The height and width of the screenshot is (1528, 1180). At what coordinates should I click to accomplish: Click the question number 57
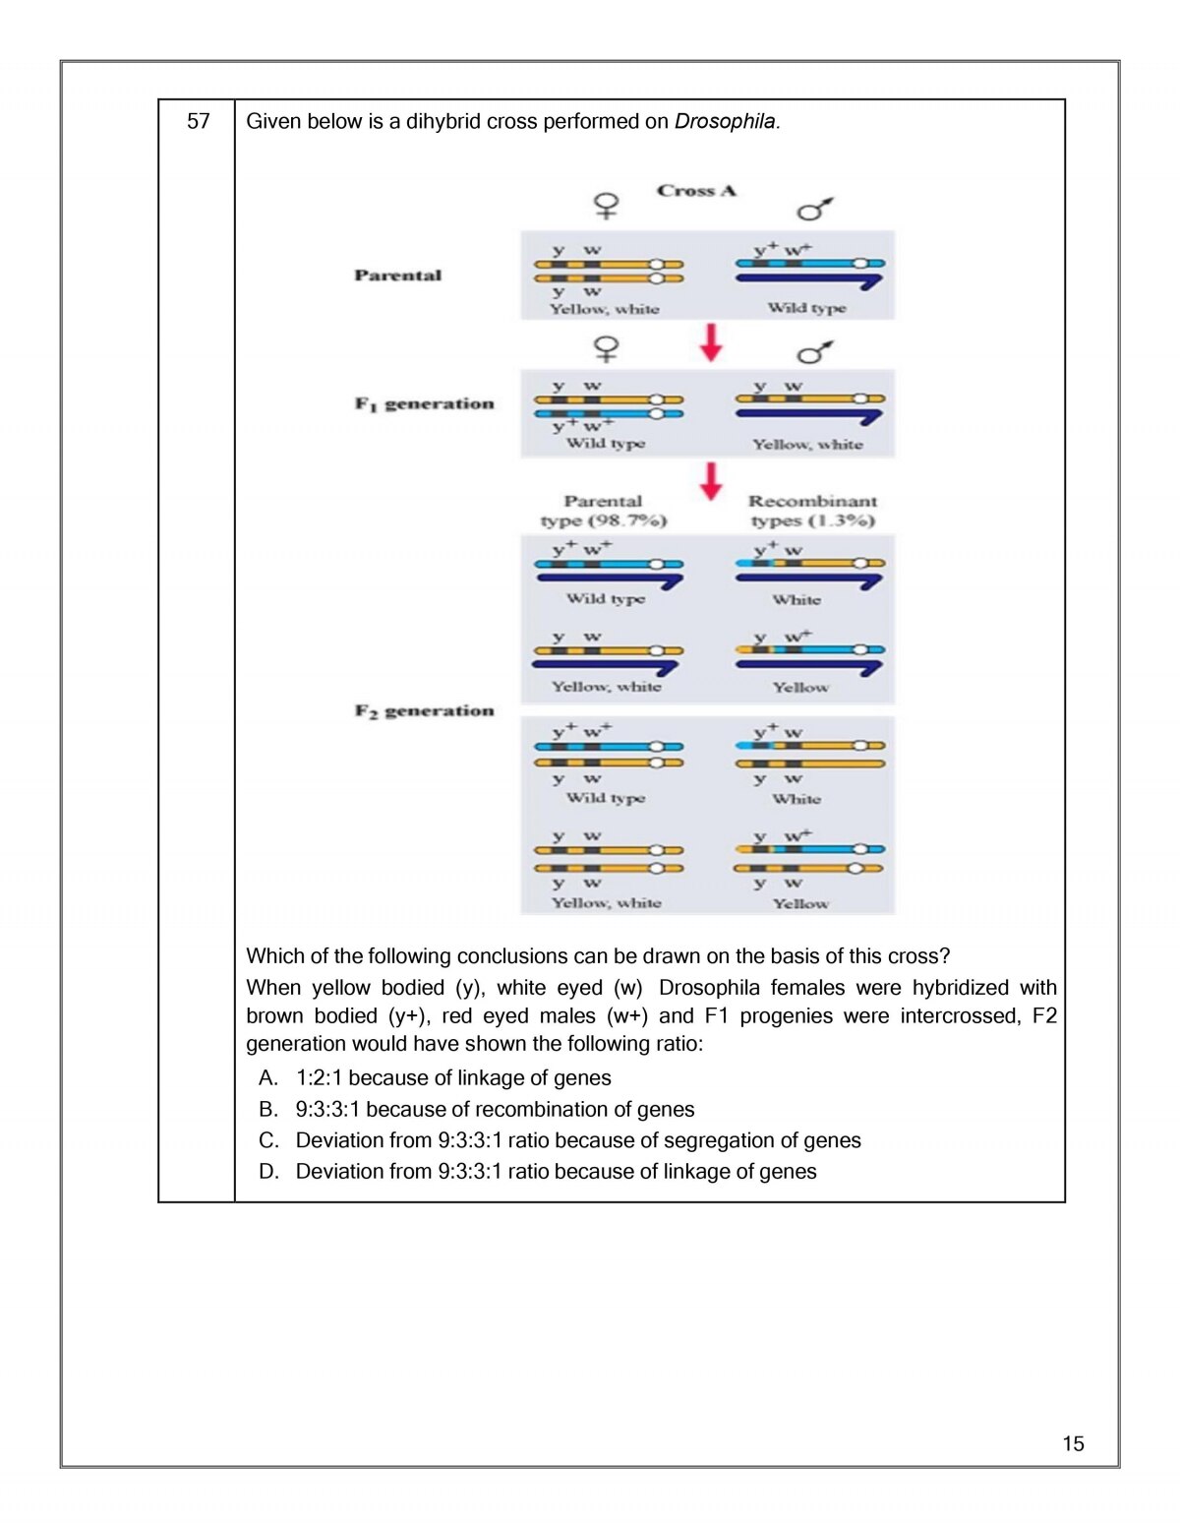click(x=199, y=122)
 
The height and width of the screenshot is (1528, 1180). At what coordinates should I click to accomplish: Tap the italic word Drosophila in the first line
click(x=726, y=122)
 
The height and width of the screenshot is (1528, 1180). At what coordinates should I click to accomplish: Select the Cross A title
click(x=696, y=191)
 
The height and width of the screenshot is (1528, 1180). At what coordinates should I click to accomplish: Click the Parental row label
click(x=398, y=275)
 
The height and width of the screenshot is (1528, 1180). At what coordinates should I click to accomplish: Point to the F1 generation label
click(x=424, y=403)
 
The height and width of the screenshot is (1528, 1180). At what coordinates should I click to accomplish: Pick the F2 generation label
click(x=424, y=710)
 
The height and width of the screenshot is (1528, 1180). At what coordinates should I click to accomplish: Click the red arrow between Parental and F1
click(x=711, y=342)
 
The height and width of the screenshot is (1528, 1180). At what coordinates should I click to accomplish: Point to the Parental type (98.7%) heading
click(x=603, y=511)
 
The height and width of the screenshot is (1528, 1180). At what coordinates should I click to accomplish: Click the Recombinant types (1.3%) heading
click(x=812, y=511)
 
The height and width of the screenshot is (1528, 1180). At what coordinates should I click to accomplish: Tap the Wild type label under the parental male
click(x=806, y=308)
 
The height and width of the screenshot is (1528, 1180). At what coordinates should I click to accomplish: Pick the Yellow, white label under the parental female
click(x=604, y=309)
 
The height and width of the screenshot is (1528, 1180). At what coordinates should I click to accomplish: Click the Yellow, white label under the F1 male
click(x=807, y=445)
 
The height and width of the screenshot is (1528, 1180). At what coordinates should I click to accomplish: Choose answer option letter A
click(x=268, y=1078)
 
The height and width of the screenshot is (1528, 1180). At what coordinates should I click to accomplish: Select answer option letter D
click(x=268, y=1172)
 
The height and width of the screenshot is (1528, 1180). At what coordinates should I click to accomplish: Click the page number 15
click(x=1073, y=1443)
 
